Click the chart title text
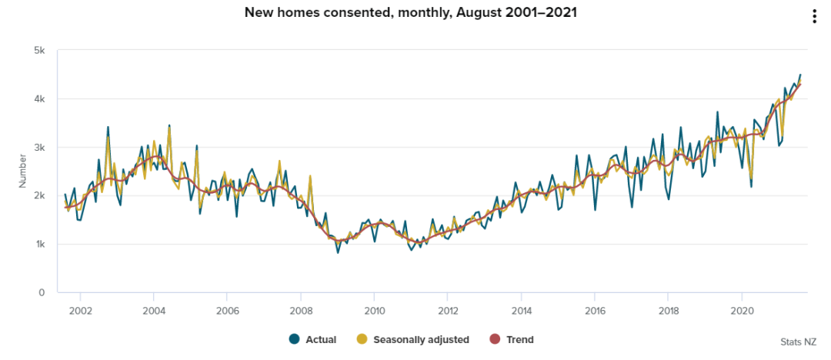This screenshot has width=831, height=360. [410, 12]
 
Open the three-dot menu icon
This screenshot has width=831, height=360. [815, 16]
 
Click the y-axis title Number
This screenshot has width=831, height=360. [23, 171]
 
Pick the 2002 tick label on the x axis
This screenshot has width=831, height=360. [80, 310]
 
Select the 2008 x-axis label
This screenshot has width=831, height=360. [301, 310]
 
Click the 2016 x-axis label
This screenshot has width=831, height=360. [595, 310]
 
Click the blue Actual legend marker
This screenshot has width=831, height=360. [294, 339]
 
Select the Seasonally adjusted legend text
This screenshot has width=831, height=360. [422, 340]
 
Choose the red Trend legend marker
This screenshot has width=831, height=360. [496, 339]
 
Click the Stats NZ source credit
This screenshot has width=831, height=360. [799, 342]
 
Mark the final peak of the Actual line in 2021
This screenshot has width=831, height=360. [800, 75]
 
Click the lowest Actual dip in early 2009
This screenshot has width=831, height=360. [338, 252]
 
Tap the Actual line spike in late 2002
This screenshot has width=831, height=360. [108, 127]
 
